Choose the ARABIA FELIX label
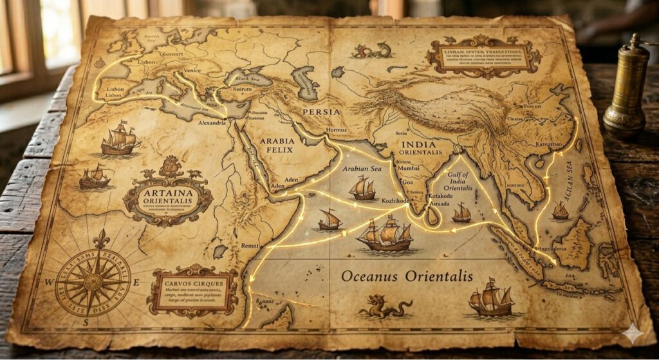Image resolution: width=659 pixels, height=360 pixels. pyautogui.click(x=276, y=145)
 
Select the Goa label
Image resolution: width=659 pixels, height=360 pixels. pyautogui.click(x=407, y=183)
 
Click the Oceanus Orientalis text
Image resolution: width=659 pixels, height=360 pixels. pyautogui.click(x=407, y=276)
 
